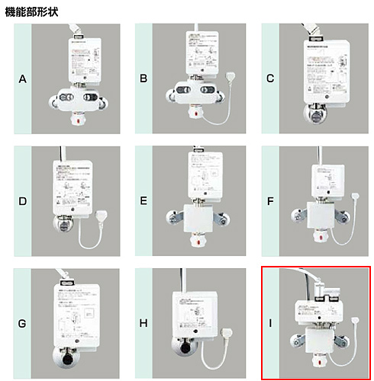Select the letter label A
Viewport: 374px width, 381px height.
[23, 78]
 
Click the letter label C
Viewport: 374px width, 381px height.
[270, 78]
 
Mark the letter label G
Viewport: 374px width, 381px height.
[23, 323]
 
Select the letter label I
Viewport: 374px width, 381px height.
[270, 323]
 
